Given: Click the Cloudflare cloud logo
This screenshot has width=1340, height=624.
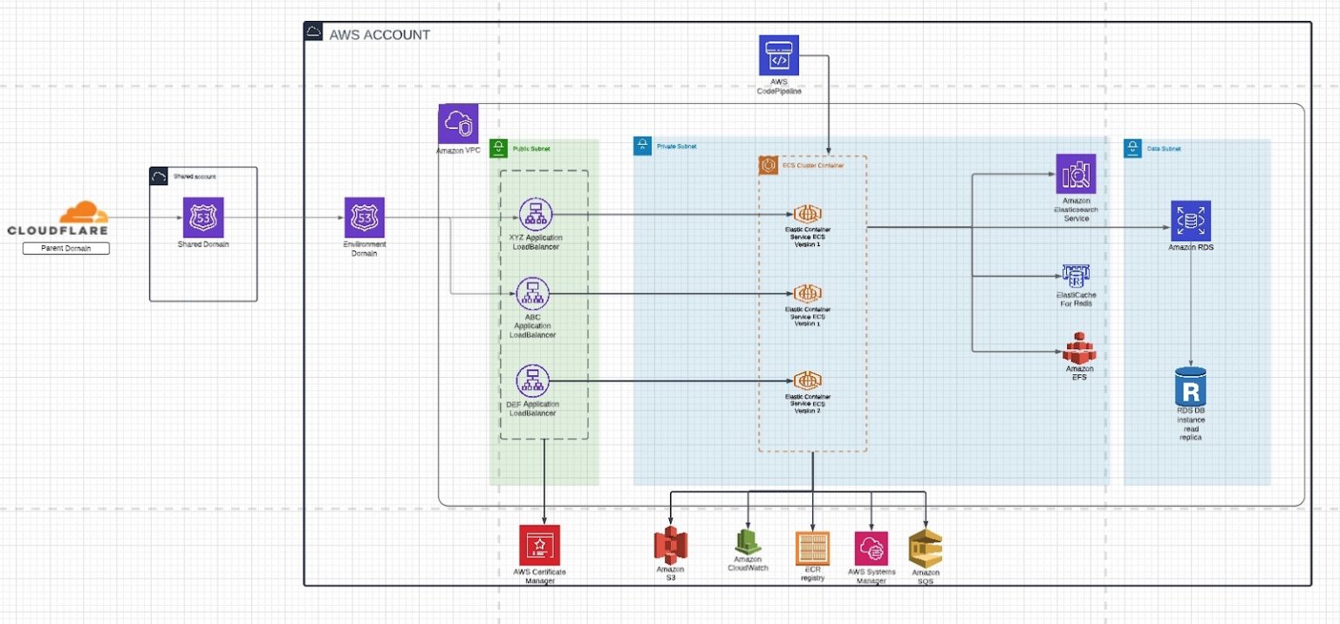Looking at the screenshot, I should click(84, 214).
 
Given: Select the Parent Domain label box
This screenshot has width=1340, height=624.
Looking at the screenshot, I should click(65, 249).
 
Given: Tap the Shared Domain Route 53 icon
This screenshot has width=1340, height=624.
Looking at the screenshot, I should click(202, 216).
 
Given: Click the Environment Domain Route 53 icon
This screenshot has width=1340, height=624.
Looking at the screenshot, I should click(365, 216).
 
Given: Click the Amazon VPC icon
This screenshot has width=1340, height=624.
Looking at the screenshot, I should click(458, 124).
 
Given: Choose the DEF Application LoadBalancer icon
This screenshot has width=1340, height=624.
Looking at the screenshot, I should click(532, 380).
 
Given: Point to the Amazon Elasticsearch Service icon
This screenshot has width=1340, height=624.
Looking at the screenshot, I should click(1076, 174).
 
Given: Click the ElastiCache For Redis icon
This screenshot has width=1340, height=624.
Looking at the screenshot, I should click(1075, 276).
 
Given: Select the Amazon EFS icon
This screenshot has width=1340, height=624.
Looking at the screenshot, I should click(1078, 348).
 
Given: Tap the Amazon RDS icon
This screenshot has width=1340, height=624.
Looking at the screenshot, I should click(1190, 222).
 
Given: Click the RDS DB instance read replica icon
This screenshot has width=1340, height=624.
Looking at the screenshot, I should click(1191, 385).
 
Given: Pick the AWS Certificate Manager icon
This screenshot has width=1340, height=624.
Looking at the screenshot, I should click(539, 545).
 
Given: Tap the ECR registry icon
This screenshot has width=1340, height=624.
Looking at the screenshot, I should click(812, 548).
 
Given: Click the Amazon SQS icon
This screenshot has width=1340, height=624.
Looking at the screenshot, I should click(925, 548).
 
